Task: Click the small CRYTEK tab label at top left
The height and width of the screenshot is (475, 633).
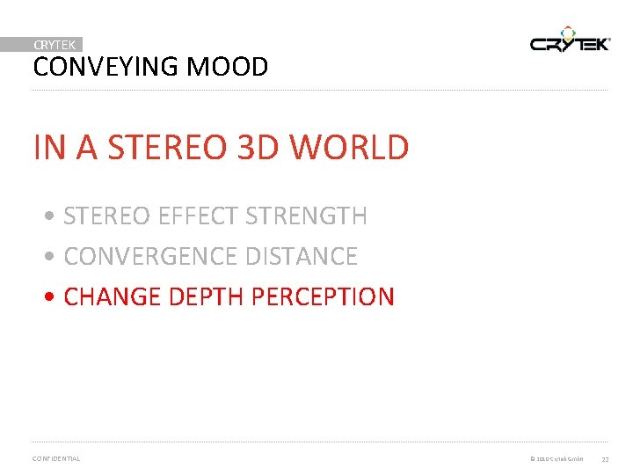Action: [x=55, y=44]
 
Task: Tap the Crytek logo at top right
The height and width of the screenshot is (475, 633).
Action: [x=569, y=41]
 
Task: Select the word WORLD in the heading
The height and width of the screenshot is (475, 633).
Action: [x=350, y=147]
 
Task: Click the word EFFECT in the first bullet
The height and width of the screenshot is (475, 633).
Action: [x=198, y=216]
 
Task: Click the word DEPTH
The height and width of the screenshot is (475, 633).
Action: [x=201, y=296]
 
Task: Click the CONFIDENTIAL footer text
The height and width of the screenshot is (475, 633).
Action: [x=55, y=458]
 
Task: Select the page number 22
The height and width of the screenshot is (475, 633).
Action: [x=606, y=459]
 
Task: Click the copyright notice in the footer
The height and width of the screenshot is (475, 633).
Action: [x=557, y=459]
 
